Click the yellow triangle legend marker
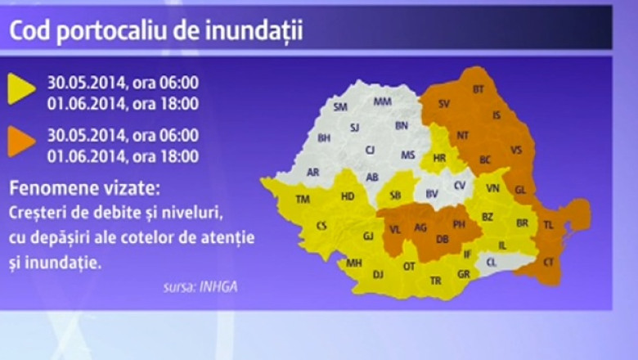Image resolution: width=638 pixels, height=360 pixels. [20, 89]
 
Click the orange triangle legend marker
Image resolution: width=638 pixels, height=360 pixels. [20, 141]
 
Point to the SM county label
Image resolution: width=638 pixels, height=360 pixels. [341, 107]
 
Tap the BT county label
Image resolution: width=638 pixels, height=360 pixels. [479, 88]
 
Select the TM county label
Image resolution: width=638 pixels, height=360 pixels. [303, 200]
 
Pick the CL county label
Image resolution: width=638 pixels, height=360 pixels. [491, 262]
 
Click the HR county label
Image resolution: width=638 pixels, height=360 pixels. [440, 158]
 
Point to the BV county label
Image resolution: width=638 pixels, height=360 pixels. [432, 193]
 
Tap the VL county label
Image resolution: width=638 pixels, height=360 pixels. [394, 230]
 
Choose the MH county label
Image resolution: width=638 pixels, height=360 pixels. [354, 263]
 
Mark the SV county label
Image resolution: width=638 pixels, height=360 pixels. [444, 104]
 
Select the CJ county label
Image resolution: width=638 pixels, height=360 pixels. [370, 150]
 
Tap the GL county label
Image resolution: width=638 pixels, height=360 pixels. [520, 189]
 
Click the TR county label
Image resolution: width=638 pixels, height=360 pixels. [435, 281]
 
